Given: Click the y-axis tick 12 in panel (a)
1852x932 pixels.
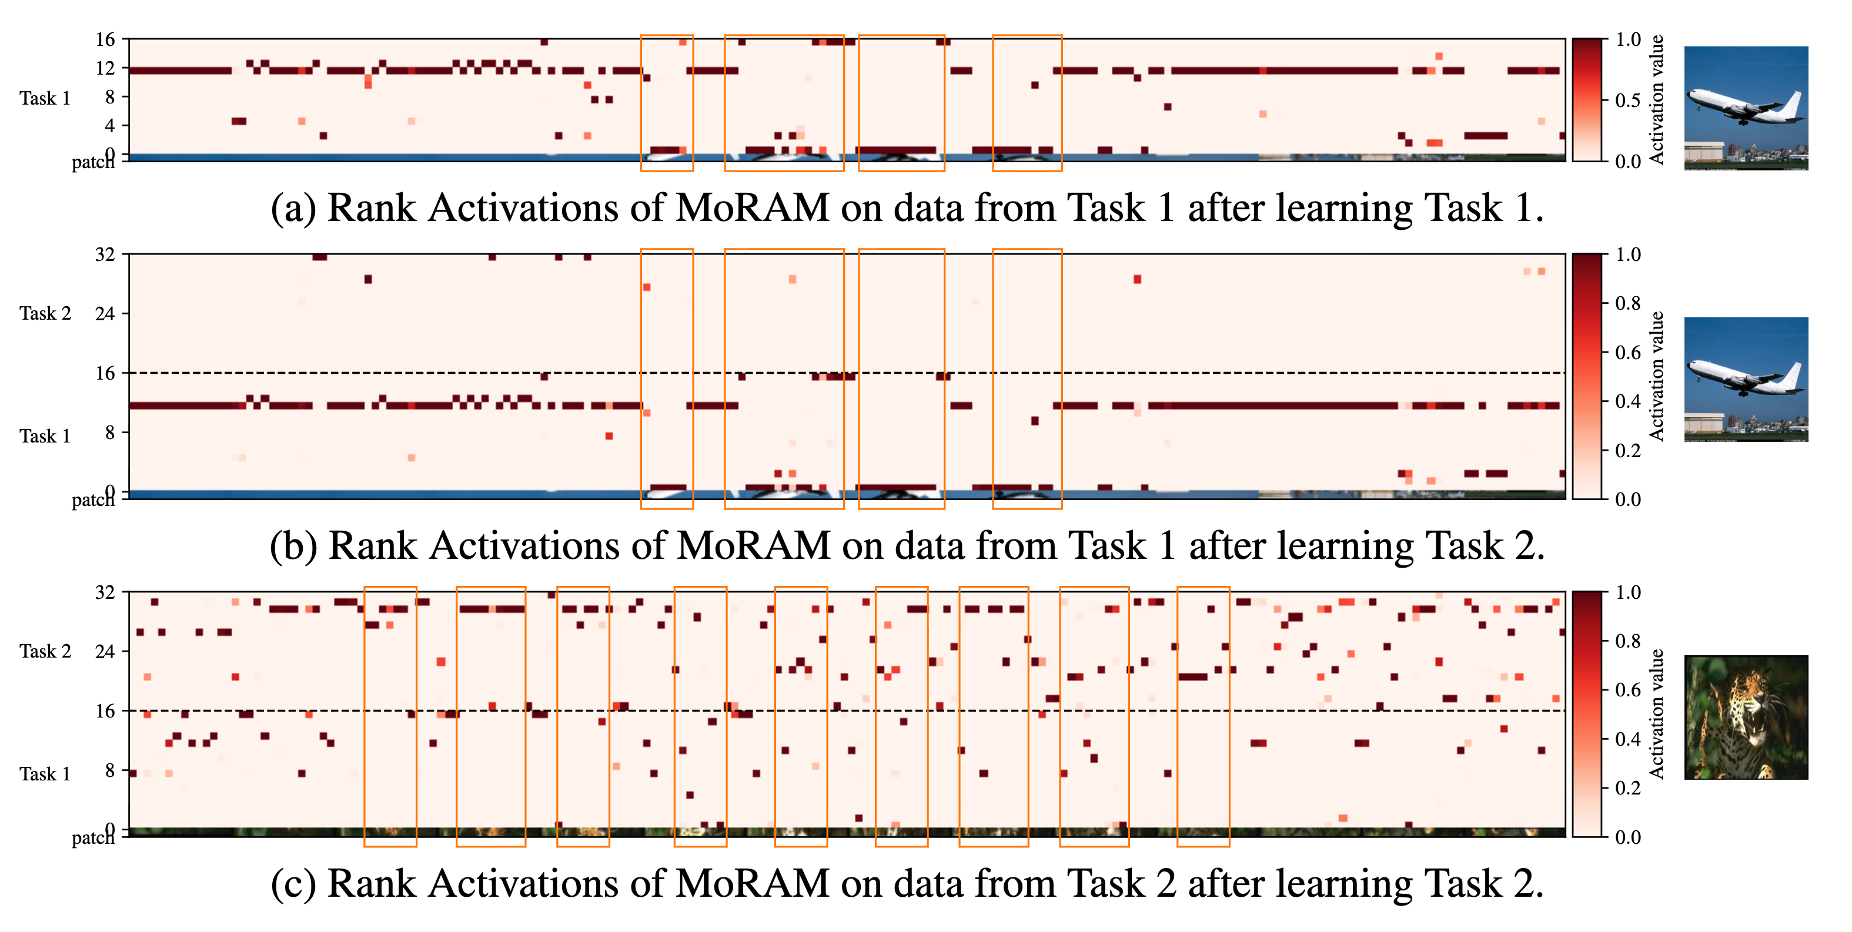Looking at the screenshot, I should pos(105,68).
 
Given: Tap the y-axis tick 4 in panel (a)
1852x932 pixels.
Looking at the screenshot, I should pos(109,126).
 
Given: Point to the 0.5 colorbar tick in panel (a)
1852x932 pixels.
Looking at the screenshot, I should pos(1627,100).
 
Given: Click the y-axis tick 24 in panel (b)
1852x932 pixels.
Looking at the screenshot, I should pos(105,313).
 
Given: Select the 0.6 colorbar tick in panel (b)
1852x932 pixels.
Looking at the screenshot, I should pos(1627,353).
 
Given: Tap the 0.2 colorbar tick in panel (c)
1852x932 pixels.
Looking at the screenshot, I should pos(1627,788).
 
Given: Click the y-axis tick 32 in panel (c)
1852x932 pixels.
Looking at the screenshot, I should pos(105,592).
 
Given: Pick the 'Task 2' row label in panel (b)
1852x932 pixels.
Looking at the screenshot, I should pos(45,313).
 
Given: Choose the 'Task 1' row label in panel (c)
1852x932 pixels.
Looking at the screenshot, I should pos(45,774).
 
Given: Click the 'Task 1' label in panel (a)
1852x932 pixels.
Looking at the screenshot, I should pos(45,99).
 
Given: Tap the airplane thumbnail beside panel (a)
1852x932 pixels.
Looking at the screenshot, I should pos(1746,108).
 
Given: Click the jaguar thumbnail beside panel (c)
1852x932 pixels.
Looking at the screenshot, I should pos(1746,717).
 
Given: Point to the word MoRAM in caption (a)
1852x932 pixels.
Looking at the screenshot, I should pos(752,209).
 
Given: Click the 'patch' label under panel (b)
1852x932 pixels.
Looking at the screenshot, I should pos(93,500).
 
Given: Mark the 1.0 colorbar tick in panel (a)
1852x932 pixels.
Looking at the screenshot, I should pos(1627,39).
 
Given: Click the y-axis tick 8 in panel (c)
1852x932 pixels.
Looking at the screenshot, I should pos(109,770).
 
